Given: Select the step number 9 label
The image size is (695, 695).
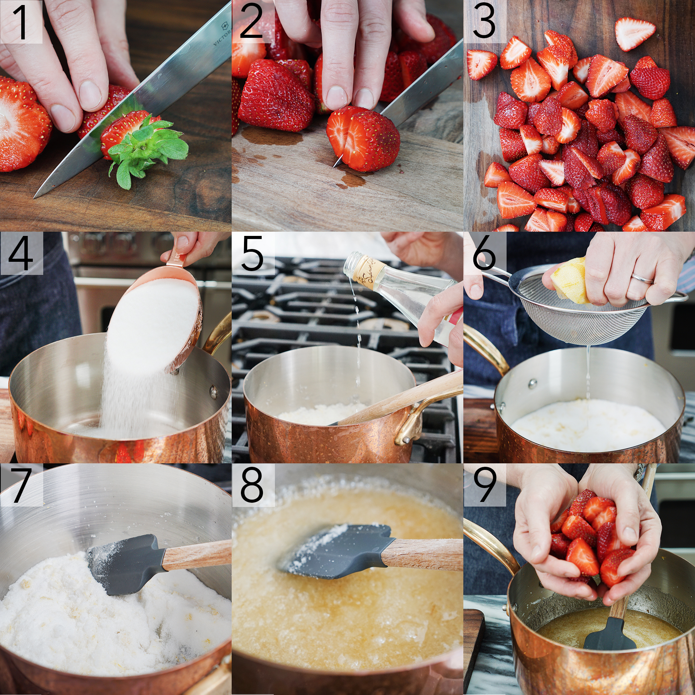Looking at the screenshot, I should (484, 485).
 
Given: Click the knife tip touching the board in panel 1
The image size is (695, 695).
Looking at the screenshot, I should (37, 195).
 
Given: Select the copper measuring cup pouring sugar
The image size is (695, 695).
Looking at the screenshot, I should (162, 320).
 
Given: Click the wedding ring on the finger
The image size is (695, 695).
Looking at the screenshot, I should (642, 278).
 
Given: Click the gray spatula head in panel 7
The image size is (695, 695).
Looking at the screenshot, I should (124, 564).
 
